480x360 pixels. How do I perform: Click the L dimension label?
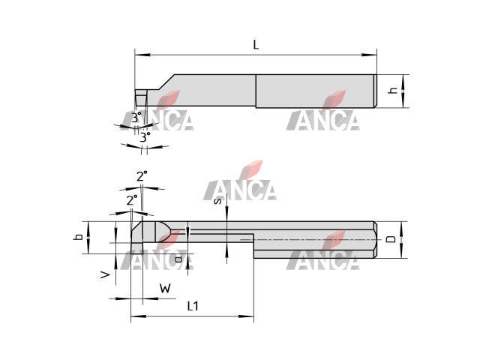pyautogui.click(x=256, y=45)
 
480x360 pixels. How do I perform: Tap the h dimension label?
pyautogui.click(x=393, y=91)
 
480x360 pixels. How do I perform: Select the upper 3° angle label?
pyautogui.click(x=136, y=118)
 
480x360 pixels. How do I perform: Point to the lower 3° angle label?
pyautogui.click(x=145, y=136)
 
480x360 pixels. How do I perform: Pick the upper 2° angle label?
pyautogui.click(x=142, y=176)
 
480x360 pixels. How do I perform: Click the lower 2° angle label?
pyautogui.click(x=132, y=200)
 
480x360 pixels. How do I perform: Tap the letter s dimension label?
pyautogui.click(x=217, y=201)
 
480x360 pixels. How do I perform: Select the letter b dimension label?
pyautogui.click(x=78, y=237)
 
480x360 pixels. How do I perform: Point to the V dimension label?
pyautogui.click(x=105, y=274)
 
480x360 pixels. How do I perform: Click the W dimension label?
pyautogui.click(x=165, y=288)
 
